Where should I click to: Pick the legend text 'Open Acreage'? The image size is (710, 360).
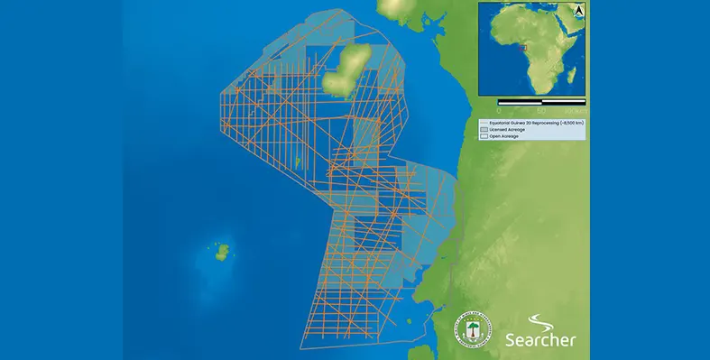(x=506, y=136)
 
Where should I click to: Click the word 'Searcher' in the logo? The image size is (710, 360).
(x=540, y=340)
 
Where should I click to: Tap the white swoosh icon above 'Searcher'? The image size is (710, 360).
(x=539, y=322)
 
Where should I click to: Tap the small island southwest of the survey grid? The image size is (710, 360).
(x=221, y=251)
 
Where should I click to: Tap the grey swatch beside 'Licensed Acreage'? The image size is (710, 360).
(x=484, y=130)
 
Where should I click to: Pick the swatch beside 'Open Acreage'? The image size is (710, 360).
(x=484, y=136)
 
